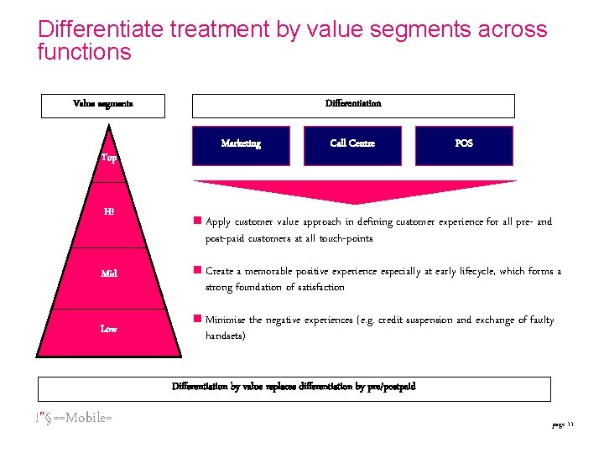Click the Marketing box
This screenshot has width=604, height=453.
[x=241, y=144]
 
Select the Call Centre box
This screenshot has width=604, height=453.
[x=352, y=144]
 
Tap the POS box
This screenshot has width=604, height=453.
[x=464, y=144]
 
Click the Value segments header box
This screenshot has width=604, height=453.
[x=103, y=105]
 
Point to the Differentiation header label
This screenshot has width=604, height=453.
[x=353, y=104]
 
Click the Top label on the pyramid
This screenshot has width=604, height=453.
[x=109, y=158]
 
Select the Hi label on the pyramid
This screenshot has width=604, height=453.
[x=109, y=212]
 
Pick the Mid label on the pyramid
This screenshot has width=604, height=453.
[x=109, y=273]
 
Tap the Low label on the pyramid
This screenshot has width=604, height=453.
[x=109, y=330]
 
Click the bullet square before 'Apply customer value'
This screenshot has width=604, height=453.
[x=197, y=222]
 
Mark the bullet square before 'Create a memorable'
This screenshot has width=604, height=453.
[x=197, y=271]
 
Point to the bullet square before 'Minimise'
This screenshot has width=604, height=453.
[x=197, y=320]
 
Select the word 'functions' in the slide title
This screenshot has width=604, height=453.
[x=85, y=52]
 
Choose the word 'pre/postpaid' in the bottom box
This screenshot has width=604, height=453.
[x=388, y=388]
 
